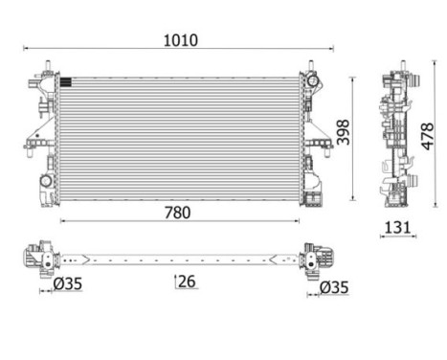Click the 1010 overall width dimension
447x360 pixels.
click(x=181, y=40)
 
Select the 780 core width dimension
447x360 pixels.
click(x=177, y=213)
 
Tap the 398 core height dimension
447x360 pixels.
click(x=344, y=132)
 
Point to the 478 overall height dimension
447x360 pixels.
click(x=428, y=136)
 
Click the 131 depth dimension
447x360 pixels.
click(x=397, y=228)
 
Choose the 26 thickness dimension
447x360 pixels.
click(x=187, y=281)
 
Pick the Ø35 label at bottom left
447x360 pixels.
click(x=68, y=283)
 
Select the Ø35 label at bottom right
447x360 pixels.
click(x=334, y=287)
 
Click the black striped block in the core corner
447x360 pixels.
click(x=66, y=82)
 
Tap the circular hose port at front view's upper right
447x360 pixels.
click(x=312, y=80)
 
